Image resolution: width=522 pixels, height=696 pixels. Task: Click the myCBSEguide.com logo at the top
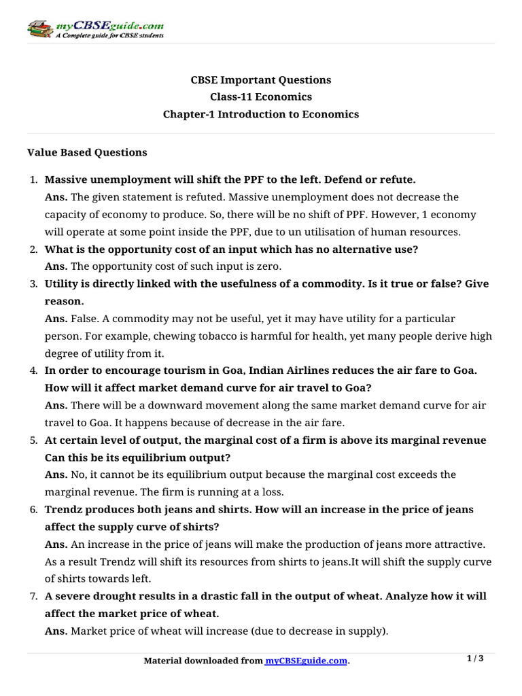95,28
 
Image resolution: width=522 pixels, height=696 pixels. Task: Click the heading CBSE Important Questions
260,80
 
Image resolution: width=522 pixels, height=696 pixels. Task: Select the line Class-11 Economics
260,97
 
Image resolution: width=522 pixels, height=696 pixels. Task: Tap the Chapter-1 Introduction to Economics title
260,114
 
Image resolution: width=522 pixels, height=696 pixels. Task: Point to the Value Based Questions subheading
87,152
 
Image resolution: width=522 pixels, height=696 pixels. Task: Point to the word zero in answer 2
266,266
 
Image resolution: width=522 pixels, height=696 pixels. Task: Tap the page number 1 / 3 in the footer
474,658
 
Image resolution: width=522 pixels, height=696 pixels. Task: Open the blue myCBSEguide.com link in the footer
306,661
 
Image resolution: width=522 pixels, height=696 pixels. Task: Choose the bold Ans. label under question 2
56,266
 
